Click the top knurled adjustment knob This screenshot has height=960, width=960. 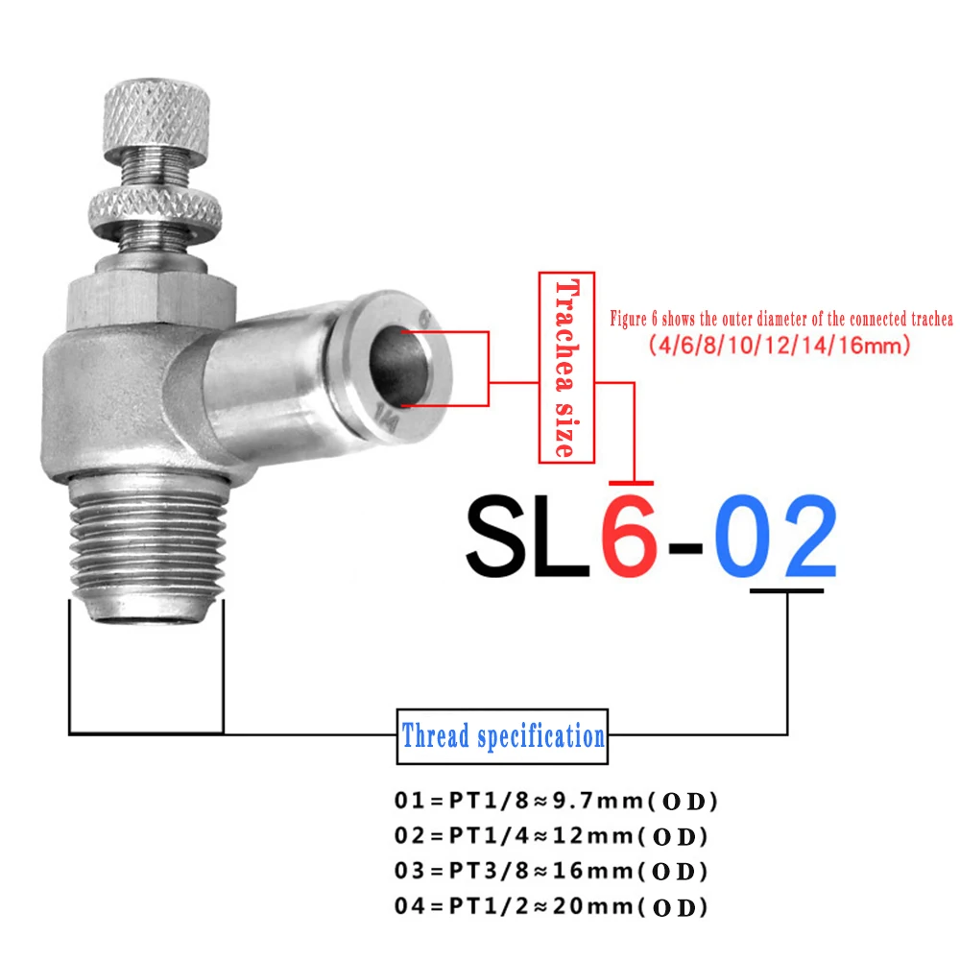[x=156, y=118]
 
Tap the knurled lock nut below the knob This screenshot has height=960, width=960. [x=155, y=210]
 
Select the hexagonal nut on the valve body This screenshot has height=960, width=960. [x=152, y=302]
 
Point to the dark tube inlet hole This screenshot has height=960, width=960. [x=399, y=366]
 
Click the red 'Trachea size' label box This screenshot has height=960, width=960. [x=566, y=368]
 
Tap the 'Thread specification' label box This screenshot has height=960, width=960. [x=502, y=736]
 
